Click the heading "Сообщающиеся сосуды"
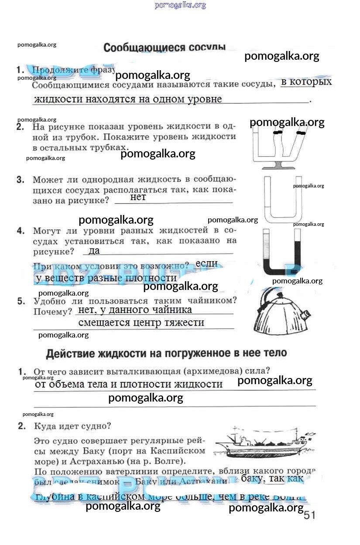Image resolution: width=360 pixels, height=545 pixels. (x=165, y=48)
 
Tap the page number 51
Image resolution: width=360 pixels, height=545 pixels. (x=309, y=515)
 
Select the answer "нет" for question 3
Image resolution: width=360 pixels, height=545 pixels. (x=138, y=197)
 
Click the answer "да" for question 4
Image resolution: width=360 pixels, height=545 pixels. (x=94, y=250)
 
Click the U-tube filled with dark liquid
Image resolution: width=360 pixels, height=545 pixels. (x=282, y=253)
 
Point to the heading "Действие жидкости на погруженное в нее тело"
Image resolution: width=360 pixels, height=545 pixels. (x=166, y=353)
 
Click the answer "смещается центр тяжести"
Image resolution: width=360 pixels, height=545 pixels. (x=141, y=323)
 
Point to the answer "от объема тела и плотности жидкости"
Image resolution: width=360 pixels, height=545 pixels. (x=129, y=384)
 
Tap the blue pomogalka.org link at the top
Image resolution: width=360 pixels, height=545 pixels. (x=180, y=5)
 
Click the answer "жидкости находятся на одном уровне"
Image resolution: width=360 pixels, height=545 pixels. (x=128, y=99)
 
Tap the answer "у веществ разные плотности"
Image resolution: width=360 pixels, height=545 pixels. (x=106, y=278)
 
